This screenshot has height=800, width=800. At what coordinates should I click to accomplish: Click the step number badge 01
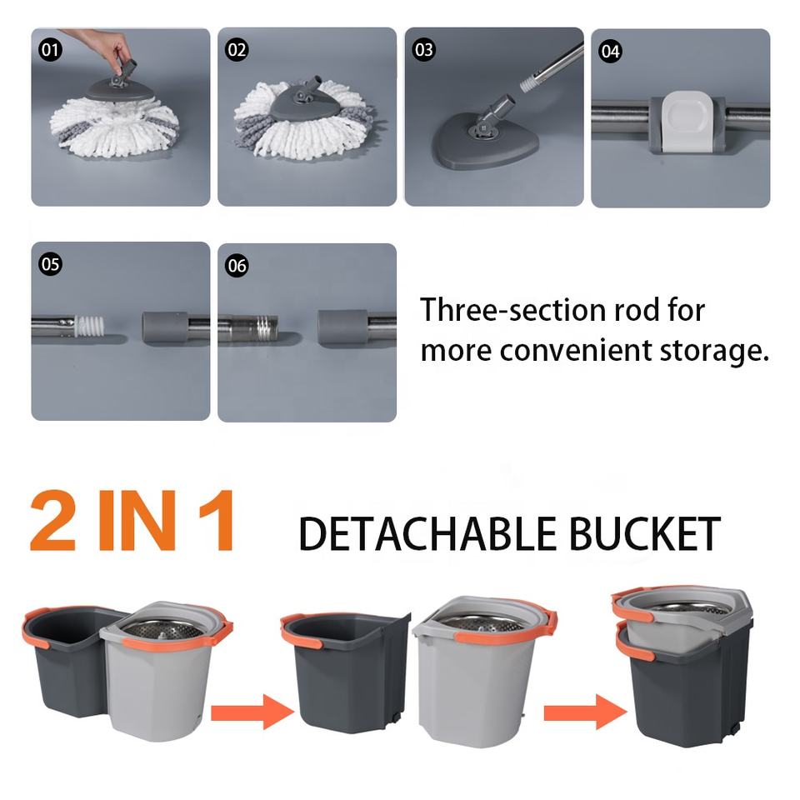pos(51,50)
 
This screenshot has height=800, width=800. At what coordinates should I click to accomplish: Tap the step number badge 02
pos(237,50)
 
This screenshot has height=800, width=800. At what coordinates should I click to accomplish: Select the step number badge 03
pos(424,50)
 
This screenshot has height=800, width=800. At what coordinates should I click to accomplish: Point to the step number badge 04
pos(611,52)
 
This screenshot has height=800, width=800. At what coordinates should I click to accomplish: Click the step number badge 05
pos(51,264)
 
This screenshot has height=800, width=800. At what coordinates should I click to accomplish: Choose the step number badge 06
pos(237,266)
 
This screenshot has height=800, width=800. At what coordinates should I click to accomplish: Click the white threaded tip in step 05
pos(90,326)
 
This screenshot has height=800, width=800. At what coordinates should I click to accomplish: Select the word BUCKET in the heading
pos(644,533)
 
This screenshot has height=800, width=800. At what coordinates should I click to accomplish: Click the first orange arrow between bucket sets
pos(252,712)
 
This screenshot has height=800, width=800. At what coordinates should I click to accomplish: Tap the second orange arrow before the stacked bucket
pos(586,712)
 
